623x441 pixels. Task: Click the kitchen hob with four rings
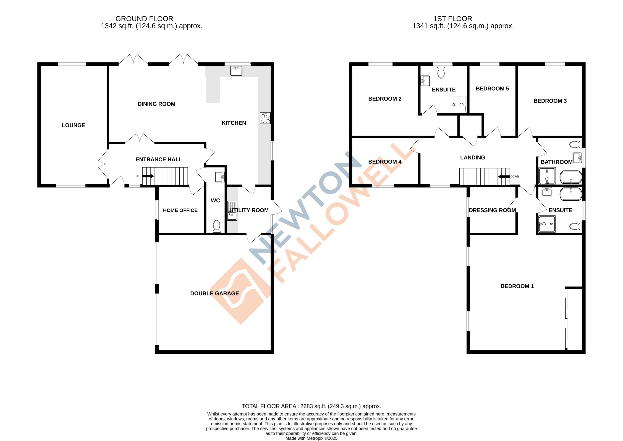(265, 118)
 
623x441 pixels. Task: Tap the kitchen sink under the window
(236, 71)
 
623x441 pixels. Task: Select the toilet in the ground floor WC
(216, 226)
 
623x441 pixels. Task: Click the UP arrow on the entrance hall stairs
(148, 176)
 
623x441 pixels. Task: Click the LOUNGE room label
(73, 125)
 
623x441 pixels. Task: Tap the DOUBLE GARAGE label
(214, 293)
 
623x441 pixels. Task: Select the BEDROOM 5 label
(492, 88)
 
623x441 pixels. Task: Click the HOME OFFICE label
(180, 210)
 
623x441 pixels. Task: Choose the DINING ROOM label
(156, 104)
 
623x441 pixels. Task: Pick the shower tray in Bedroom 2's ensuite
(458, 104)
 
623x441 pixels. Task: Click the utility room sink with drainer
(232, 211)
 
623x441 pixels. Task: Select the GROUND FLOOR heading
(144, 19)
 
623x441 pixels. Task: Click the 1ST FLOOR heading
(452, 19)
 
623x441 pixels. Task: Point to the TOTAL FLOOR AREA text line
(311, 406)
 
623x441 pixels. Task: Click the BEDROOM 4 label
(384, 162)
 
